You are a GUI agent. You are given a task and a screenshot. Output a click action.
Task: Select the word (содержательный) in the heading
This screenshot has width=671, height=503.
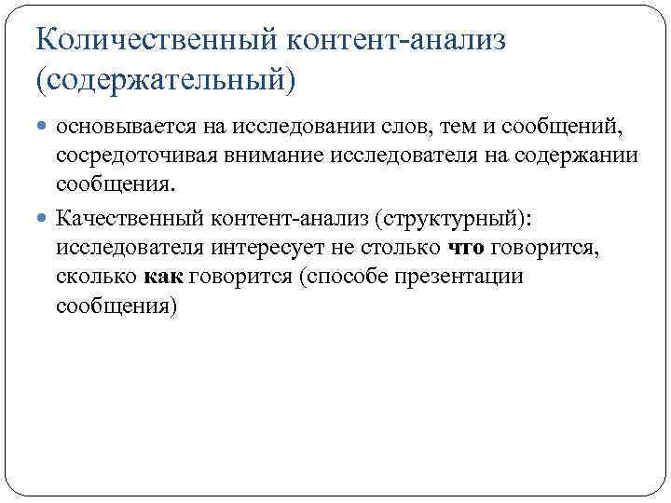click(x=164, y=78)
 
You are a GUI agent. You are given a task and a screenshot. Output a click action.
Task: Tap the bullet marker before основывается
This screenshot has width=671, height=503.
click(x=44, y=126)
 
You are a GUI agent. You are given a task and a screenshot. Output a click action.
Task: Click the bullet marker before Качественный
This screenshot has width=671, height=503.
click(x=44, y=219)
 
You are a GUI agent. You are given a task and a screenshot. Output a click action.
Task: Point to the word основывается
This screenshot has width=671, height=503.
click(x=113, y=126)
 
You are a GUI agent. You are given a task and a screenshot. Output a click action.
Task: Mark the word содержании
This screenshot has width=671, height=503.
click(x=578, y=155)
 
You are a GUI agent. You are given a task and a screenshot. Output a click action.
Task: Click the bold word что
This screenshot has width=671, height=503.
click(x=466, y=248)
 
